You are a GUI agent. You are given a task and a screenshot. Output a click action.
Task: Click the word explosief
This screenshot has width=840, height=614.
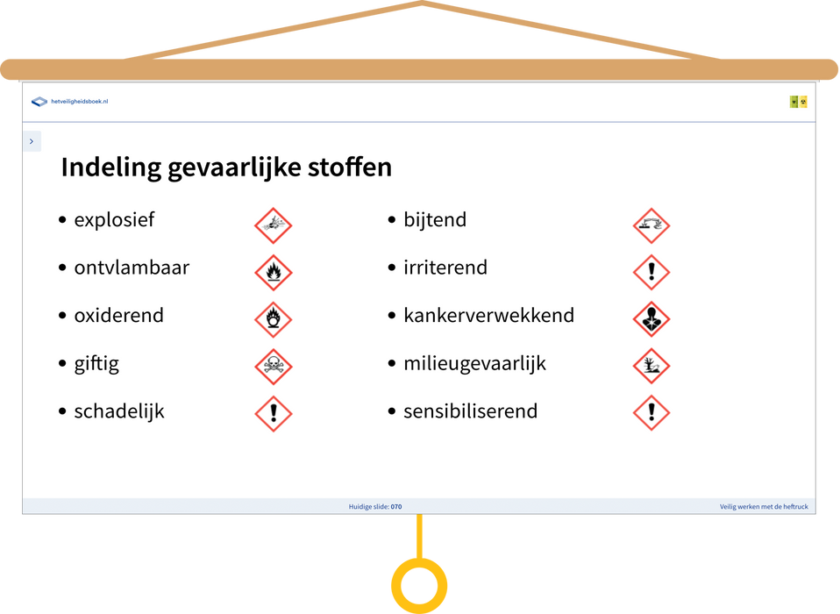pyautogui.click(x=114, y=219)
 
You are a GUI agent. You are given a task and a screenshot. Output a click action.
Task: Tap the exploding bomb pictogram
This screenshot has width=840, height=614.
pyautogui.click(x=274, y=225)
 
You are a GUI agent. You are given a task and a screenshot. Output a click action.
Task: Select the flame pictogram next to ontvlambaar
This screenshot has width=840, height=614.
pyautogui.click(x=274, y=273)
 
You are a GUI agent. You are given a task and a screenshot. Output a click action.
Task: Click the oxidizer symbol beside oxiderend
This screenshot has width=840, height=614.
pyautogui.click(x=274, y=319)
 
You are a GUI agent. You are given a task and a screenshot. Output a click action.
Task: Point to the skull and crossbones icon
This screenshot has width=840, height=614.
pyautogui.click(x=274, y=367)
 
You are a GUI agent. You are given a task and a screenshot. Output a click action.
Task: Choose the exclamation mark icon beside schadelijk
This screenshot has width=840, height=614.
pyautogui.click(x=274, y=414)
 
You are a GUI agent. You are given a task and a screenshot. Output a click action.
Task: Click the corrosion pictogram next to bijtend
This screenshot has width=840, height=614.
pyautogui.click(x=651, y=225)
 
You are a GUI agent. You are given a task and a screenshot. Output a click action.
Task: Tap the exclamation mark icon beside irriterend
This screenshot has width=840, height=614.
pyautogui.click(x=651, y=272)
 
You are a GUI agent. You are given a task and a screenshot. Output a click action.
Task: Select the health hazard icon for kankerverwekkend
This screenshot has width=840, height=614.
pyautogui.click(x=651, y=319)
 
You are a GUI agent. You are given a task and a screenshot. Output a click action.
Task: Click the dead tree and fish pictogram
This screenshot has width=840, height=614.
pyautogui.click(x=651, y=366)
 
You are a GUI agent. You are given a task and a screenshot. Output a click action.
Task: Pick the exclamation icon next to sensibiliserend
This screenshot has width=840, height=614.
pyautogui.click(x=651, y=412)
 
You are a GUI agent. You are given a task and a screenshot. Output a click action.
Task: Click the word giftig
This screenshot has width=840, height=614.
pyautogui.click(x=96, y=364)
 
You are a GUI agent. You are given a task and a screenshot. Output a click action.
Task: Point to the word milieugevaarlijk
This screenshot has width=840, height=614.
pyautogui.click(x=474, y=363)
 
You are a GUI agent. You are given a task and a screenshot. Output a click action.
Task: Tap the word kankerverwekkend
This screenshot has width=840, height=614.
pyautogui.click(x=488, y=315)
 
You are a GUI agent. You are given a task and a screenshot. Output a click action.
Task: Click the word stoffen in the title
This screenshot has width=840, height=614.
pyautogui.click(x=349, y=167)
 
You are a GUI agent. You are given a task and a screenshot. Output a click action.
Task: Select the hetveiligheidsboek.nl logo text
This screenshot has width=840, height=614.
pyautogui.click(x=79, y=101)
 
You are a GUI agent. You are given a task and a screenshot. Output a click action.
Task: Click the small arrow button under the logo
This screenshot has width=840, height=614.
pyautogui.click(x=32, y=141)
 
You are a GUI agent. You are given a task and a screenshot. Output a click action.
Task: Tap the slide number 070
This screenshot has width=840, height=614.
pyautogui.click(x=396, y=506)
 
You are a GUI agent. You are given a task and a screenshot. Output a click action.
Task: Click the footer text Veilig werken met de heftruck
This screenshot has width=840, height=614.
pyautogui.click(x=764, y=506)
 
